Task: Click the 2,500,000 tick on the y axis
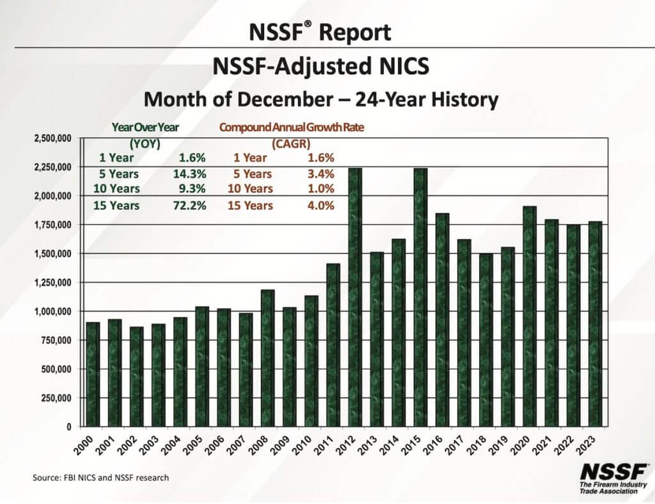coord(52,138)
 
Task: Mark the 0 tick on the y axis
coord(70,427)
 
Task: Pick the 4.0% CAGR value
coord(321,206)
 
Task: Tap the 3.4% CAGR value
coord(321,174)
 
